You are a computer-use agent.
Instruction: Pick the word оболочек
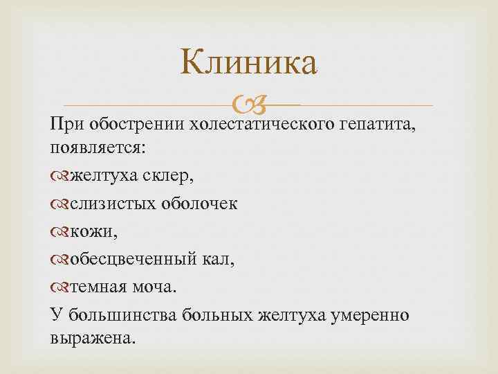point(200,204)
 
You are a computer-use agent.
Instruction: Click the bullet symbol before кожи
point(59,231)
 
